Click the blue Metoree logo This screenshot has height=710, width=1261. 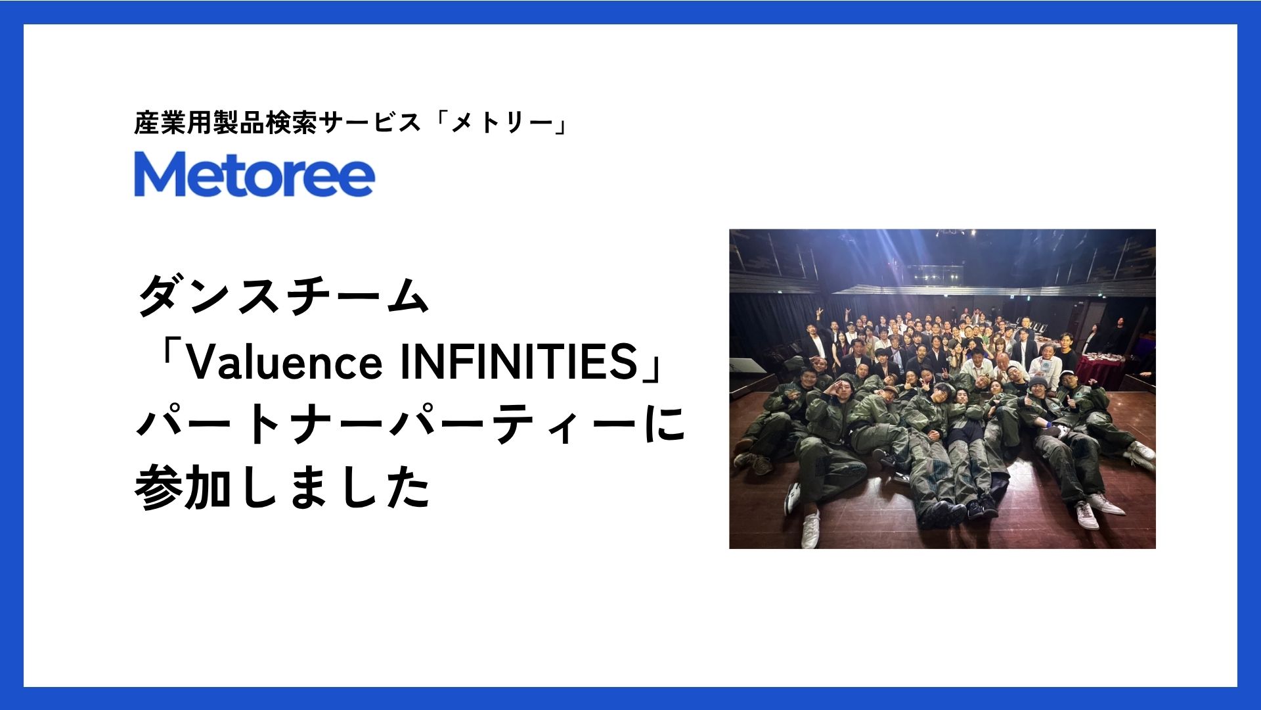tap(254, 174)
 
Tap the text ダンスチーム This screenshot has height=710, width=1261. tap(284, 296)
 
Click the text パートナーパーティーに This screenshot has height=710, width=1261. tap(410, 425)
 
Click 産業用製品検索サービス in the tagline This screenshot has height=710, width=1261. tap(277, 122)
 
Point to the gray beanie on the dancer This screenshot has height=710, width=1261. tap(1038, 382)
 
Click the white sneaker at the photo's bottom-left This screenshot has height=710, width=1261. tap(812, 529)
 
